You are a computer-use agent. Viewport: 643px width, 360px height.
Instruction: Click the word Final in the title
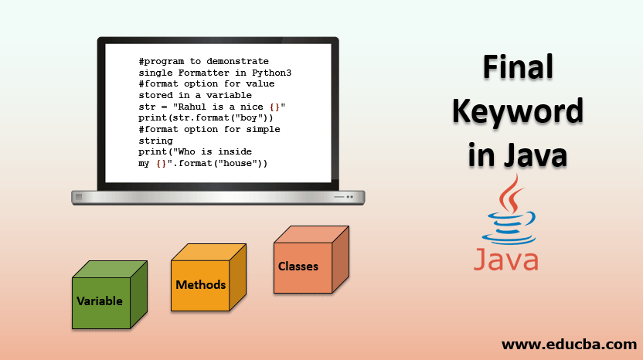click(x=518, y=67)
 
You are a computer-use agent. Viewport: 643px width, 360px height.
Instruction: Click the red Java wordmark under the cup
click(x=506, y=260)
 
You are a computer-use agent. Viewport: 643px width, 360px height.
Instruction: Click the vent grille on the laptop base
click(x=77, y=197)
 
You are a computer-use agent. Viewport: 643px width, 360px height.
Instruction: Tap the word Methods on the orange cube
click(x=201, y=284)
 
